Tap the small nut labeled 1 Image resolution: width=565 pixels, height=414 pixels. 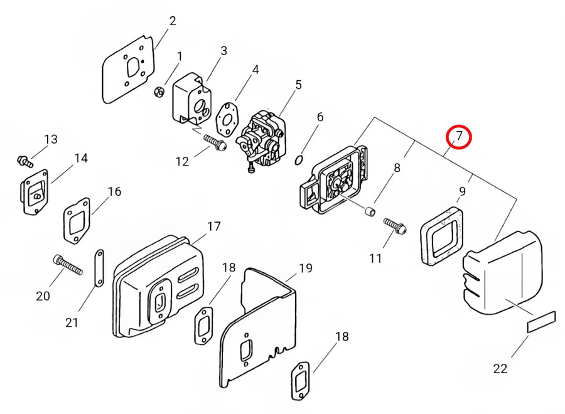pos(159,92)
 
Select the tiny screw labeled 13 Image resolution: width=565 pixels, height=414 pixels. pos(24,162)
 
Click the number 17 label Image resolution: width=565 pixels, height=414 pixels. pos(213,226)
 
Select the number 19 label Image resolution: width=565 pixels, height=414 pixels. pos(305,268)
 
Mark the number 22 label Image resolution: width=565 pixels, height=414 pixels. pos(500,368)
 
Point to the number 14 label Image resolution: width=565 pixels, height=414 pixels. pos(81,158)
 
